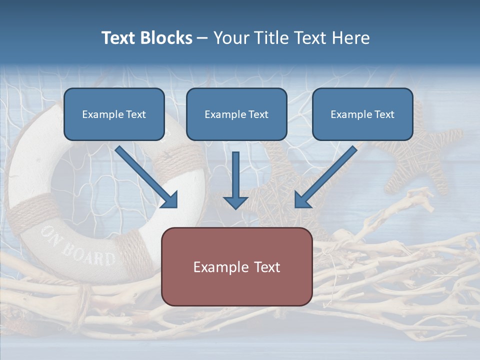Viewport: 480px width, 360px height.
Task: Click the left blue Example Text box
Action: click(114, 114)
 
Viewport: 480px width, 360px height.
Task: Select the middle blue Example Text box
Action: click(236, 114)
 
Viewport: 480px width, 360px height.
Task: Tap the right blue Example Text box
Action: click(362, 114)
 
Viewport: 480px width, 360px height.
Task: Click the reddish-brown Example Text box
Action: click(236, 266)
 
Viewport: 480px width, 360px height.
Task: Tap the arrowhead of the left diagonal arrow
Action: click(170, 200)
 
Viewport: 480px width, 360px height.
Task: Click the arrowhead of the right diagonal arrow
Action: click(302, 200)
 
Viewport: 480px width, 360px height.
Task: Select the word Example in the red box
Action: click(215, 267)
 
